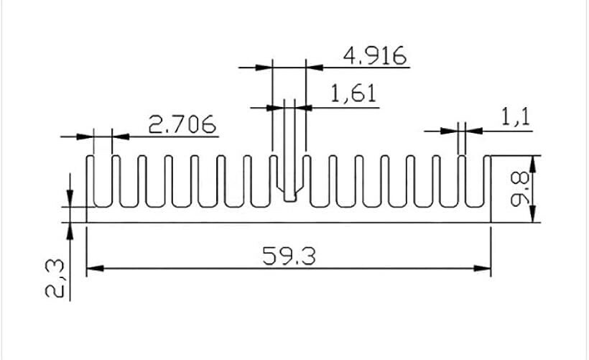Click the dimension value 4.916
(x=374, y=55)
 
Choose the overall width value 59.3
(x=289, y=257)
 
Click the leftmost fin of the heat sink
(x=91, y=180)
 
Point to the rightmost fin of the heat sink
(x=486, y=180)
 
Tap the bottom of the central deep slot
(x=289, y=198)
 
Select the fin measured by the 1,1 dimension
(x=460, y=180)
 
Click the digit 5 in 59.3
(x=269, y=257)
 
